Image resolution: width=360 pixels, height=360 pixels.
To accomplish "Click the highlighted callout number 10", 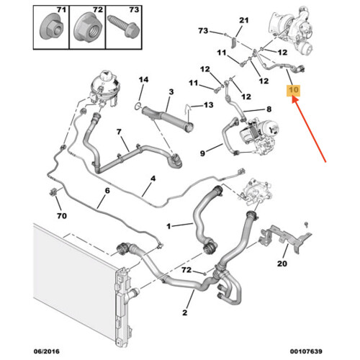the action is [294, 90].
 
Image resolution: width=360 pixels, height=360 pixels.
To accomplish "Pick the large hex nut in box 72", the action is [87, 27].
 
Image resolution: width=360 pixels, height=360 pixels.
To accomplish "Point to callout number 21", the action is [244, 20].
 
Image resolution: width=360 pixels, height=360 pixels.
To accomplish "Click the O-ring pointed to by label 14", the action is [138, 106].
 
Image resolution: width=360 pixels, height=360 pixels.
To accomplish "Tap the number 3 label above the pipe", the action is [171, 91].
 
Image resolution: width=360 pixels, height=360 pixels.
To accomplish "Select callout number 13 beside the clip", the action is [208, 105].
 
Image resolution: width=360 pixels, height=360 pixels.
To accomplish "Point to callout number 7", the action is [120, 132].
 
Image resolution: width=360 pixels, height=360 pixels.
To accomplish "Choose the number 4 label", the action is [153, 179].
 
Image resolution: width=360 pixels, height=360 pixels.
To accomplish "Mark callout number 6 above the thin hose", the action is [107, 191].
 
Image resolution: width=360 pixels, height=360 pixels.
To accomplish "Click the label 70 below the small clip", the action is [62, 216].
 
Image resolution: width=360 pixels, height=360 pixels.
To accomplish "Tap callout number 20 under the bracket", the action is [282, 264].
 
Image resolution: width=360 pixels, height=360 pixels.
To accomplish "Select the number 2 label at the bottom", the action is [184, 312].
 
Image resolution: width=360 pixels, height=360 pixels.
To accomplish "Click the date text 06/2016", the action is [46, 351].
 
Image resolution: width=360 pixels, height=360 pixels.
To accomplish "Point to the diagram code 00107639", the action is [306, 351].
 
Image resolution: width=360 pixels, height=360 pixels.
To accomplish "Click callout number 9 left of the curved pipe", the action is [202, 153].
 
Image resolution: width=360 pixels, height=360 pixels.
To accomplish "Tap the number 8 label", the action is [269, 109].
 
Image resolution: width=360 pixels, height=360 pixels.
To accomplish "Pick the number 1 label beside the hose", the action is [168, 226].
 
